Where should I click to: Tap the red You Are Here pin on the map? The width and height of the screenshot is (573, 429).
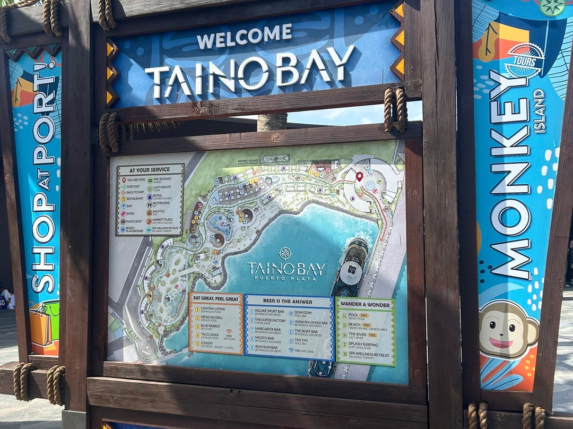pyautogui.click(x=359, y=176)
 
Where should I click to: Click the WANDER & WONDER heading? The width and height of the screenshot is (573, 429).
pyautogui.click(x=366, y=305)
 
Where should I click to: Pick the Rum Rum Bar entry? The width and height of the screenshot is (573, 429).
pyautogui.click(x=269, y=348)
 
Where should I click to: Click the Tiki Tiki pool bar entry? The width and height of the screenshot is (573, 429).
pyautogui.click(x=308, y=340)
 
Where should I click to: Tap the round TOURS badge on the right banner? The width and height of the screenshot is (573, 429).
pyautogui.click(x=524, y=61)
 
